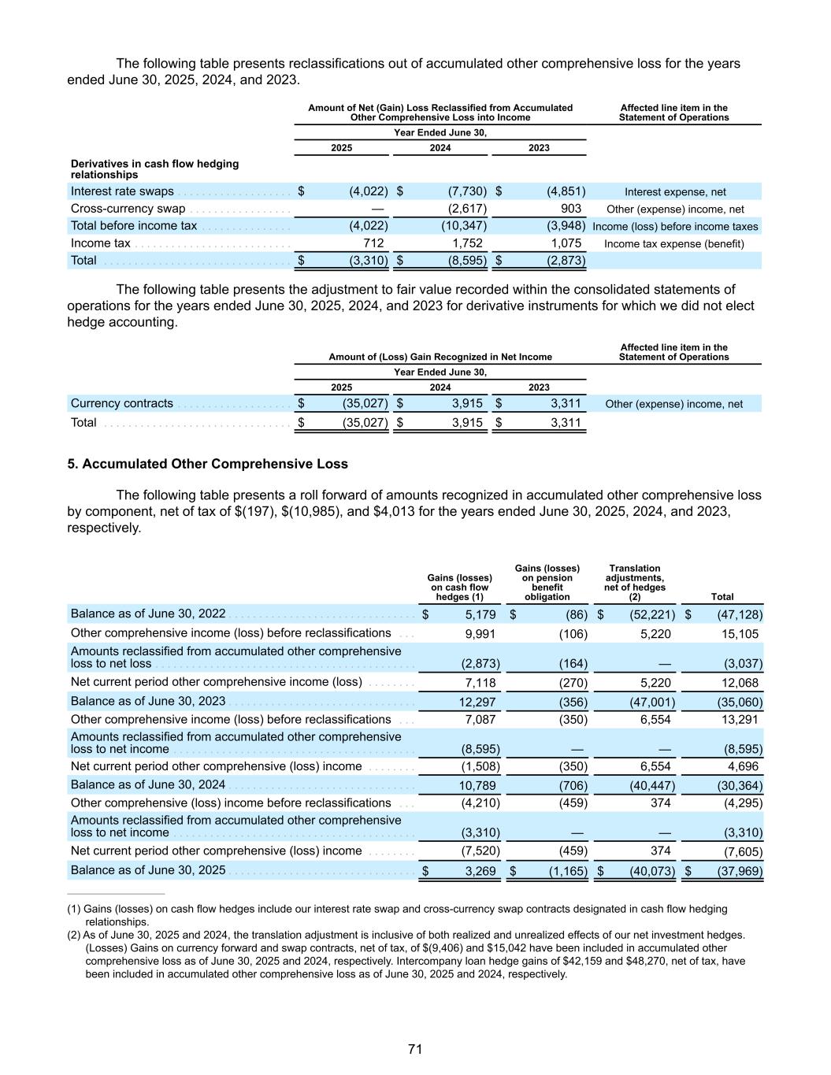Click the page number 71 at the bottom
coord(415,1049)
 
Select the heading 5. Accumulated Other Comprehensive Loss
coord(207,464)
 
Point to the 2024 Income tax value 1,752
coord(467,243)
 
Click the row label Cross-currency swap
coord(128,209)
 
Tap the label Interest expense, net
coord(675,192)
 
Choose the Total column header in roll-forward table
coord(722,597)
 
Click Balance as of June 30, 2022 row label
coord(148,613)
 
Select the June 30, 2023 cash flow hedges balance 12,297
coord(479,702)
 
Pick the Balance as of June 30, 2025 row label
coord(148,870)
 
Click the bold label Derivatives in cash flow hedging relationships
coord(154,169)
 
